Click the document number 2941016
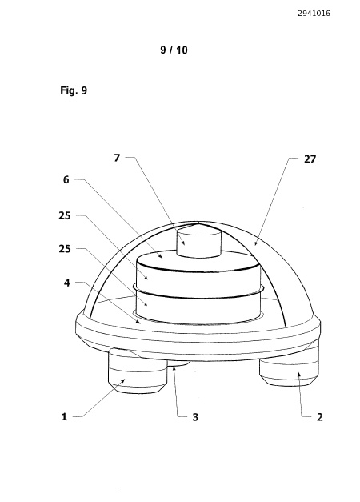coord(314,14)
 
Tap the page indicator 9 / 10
coord(174,50)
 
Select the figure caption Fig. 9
coord(74,90)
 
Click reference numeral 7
coord(117,158)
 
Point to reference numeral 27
coord(310,159)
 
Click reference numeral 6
coord(66,179)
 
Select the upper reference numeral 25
coord(64,216)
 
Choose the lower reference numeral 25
coord(64,249)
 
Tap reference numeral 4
coord(66,283)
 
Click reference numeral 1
coord(64,417)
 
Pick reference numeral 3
coord(195,417)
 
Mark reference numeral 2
coord(319,417)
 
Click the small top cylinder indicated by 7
coord(199,244)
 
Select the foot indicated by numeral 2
coord(289,368)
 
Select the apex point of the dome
coord(199,222)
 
